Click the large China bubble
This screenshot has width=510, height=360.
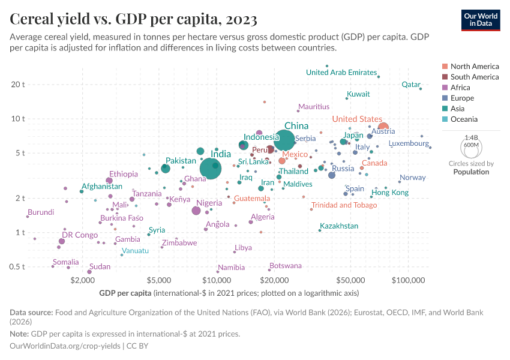point(284,140)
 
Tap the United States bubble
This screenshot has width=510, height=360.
point(383,127)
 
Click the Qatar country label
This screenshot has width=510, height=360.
point(411,85)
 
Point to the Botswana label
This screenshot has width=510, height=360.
point(286,265)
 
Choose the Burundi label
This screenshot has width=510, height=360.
point(41,212)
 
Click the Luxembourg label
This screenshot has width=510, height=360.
point(409,144)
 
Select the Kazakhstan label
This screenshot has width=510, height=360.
point(339,226)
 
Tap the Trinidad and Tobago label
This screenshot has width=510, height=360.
point(344,205)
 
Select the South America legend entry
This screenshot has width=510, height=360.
point(474,77)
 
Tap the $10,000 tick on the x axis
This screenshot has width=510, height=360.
point(217,280)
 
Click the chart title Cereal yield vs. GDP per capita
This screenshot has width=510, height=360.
point(134,19)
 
